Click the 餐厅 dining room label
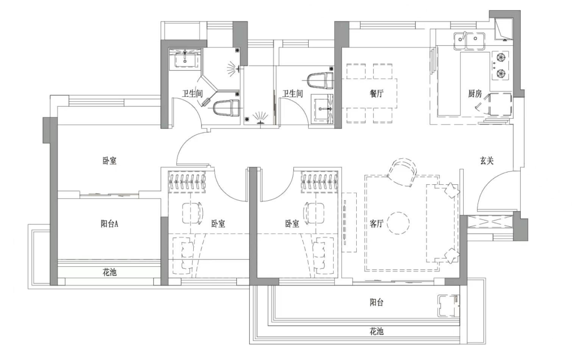tap(377, 93)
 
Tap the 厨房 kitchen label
tap(475, 93)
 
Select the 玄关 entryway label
tap(487, 160)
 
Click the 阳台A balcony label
tap(109, 224)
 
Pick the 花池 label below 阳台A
tap(110, 272)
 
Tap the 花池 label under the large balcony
tap(376, 331)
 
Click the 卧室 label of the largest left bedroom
tap(109, 160)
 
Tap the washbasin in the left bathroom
tap(185, 60)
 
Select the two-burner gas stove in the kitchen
tap(501, 64)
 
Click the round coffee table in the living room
tap(398, 224)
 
